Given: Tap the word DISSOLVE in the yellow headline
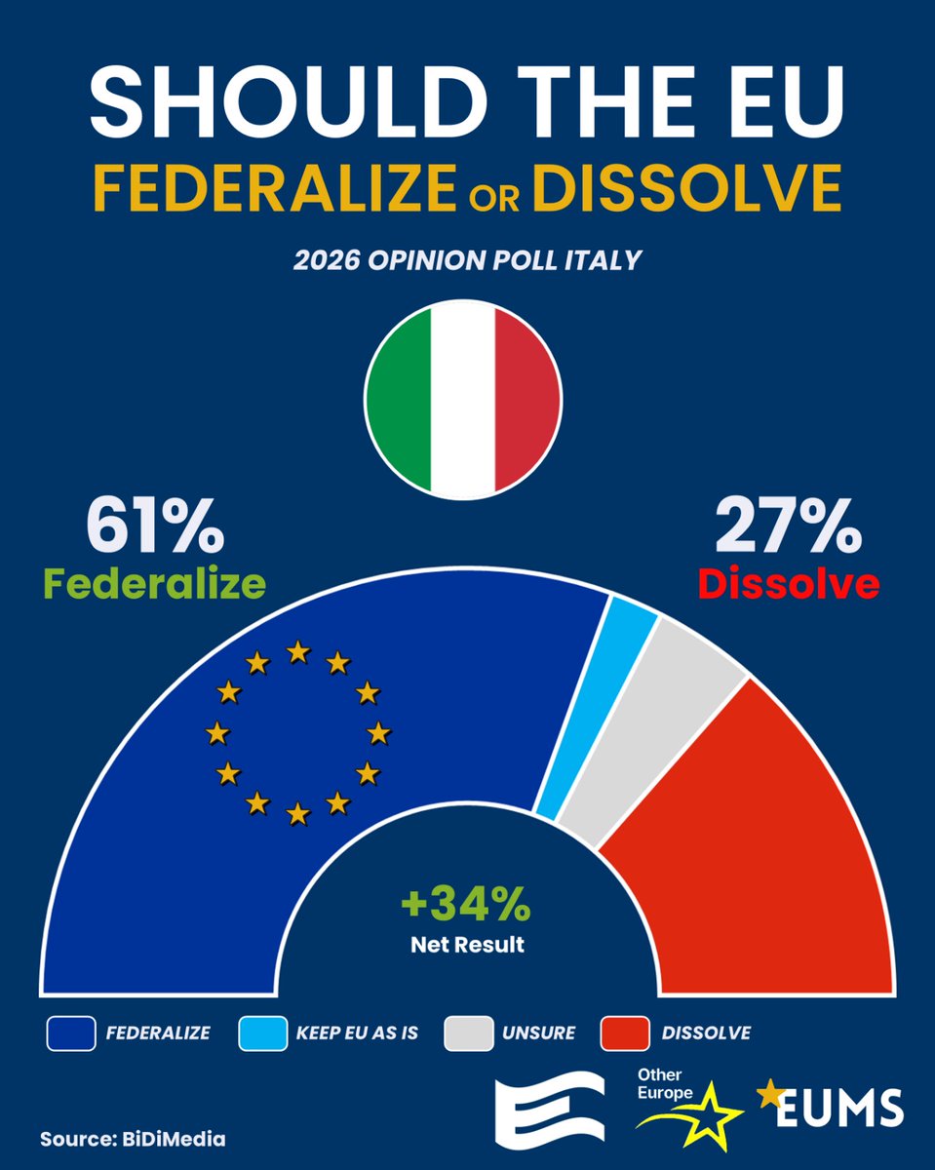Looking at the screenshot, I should pos(686,188).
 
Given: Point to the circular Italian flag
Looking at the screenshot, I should pos(463,400).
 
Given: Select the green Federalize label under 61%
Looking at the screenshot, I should pos(154,583).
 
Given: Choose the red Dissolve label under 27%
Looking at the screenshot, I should pos(788,583).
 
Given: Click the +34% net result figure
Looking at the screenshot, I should pos(466,906).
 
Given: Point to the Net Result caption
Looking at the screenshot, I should pos(466,944).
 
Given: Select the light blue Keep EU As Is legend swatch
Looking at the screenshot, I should pos(261,1033).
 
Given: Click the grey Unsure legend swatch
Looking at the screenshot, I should pos(467,1033).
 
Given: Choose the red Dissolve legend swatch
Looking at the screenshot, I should pos(625,1033).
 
